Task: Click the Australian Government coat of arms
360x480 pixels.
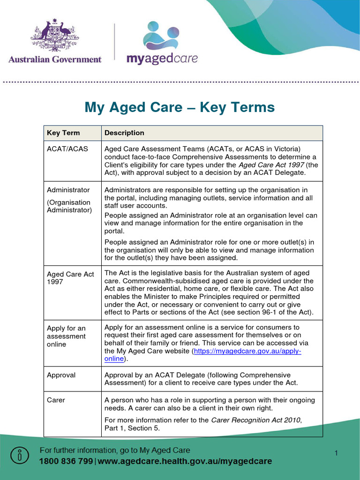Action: [x=54, y=36]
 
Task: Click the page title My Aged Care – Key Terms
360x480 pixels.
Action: [x=180, y=107]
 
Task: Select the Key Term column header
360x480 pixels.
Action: [x=63, y=133]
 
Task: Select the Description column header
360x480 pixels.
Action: [x=124, y=133]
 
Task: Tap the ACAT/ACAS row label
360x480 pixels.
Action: [x=67, y=149]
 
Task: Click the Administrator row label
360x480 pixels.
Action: [x=68, y=190]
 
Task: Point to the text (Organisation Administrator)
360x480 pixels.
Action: [x=69, y=206]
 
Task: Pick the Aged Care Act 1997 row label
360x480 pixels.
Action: [x=70, y=278]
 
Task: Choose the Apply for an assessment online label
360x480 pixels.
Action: [x=66, y=336]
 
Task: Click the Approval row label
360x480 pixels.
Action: [x=61, y=375]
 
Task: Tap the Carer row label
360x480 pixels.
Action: [x=56, y=400]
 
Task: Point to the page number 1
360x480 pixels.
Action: [x=336, y=452]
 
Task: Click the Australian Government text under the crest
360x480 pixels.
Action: [x=55, y=60]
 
